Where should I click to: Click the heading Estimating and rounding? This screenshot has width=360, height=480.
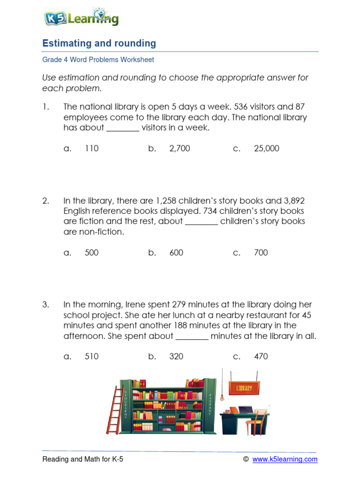point(99,44)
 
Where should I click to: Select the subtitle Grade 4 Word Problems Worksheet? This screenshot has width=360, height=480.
point(98,60)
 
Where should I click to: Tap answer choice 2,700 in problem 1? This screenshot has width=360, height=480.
point(180,149)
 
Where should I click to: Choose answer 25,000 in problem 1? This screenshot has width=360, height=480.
point(266,149)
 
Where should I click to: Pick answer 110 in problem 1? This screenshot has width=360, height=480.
point(92,149)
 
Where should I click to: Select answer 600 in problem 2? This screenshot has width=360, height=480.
point(176,253)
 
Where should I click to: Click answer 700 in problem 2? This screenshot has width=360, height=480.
point(261,253)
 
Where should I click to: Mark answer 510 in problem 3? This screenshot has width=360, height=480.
point(92,356)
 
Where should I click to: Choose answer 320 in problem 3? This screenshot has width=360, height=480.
point(176,356)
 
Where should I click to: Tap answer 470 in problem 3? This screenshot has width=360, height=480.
point(261,356)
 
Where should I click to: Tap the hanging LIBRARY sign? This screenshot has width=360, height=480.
point(244,388)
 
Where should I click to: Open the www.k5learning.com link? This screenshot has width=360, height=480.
point(285,460)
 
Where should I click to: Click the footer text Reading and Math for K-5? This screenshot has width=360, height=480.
point(83,460)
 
